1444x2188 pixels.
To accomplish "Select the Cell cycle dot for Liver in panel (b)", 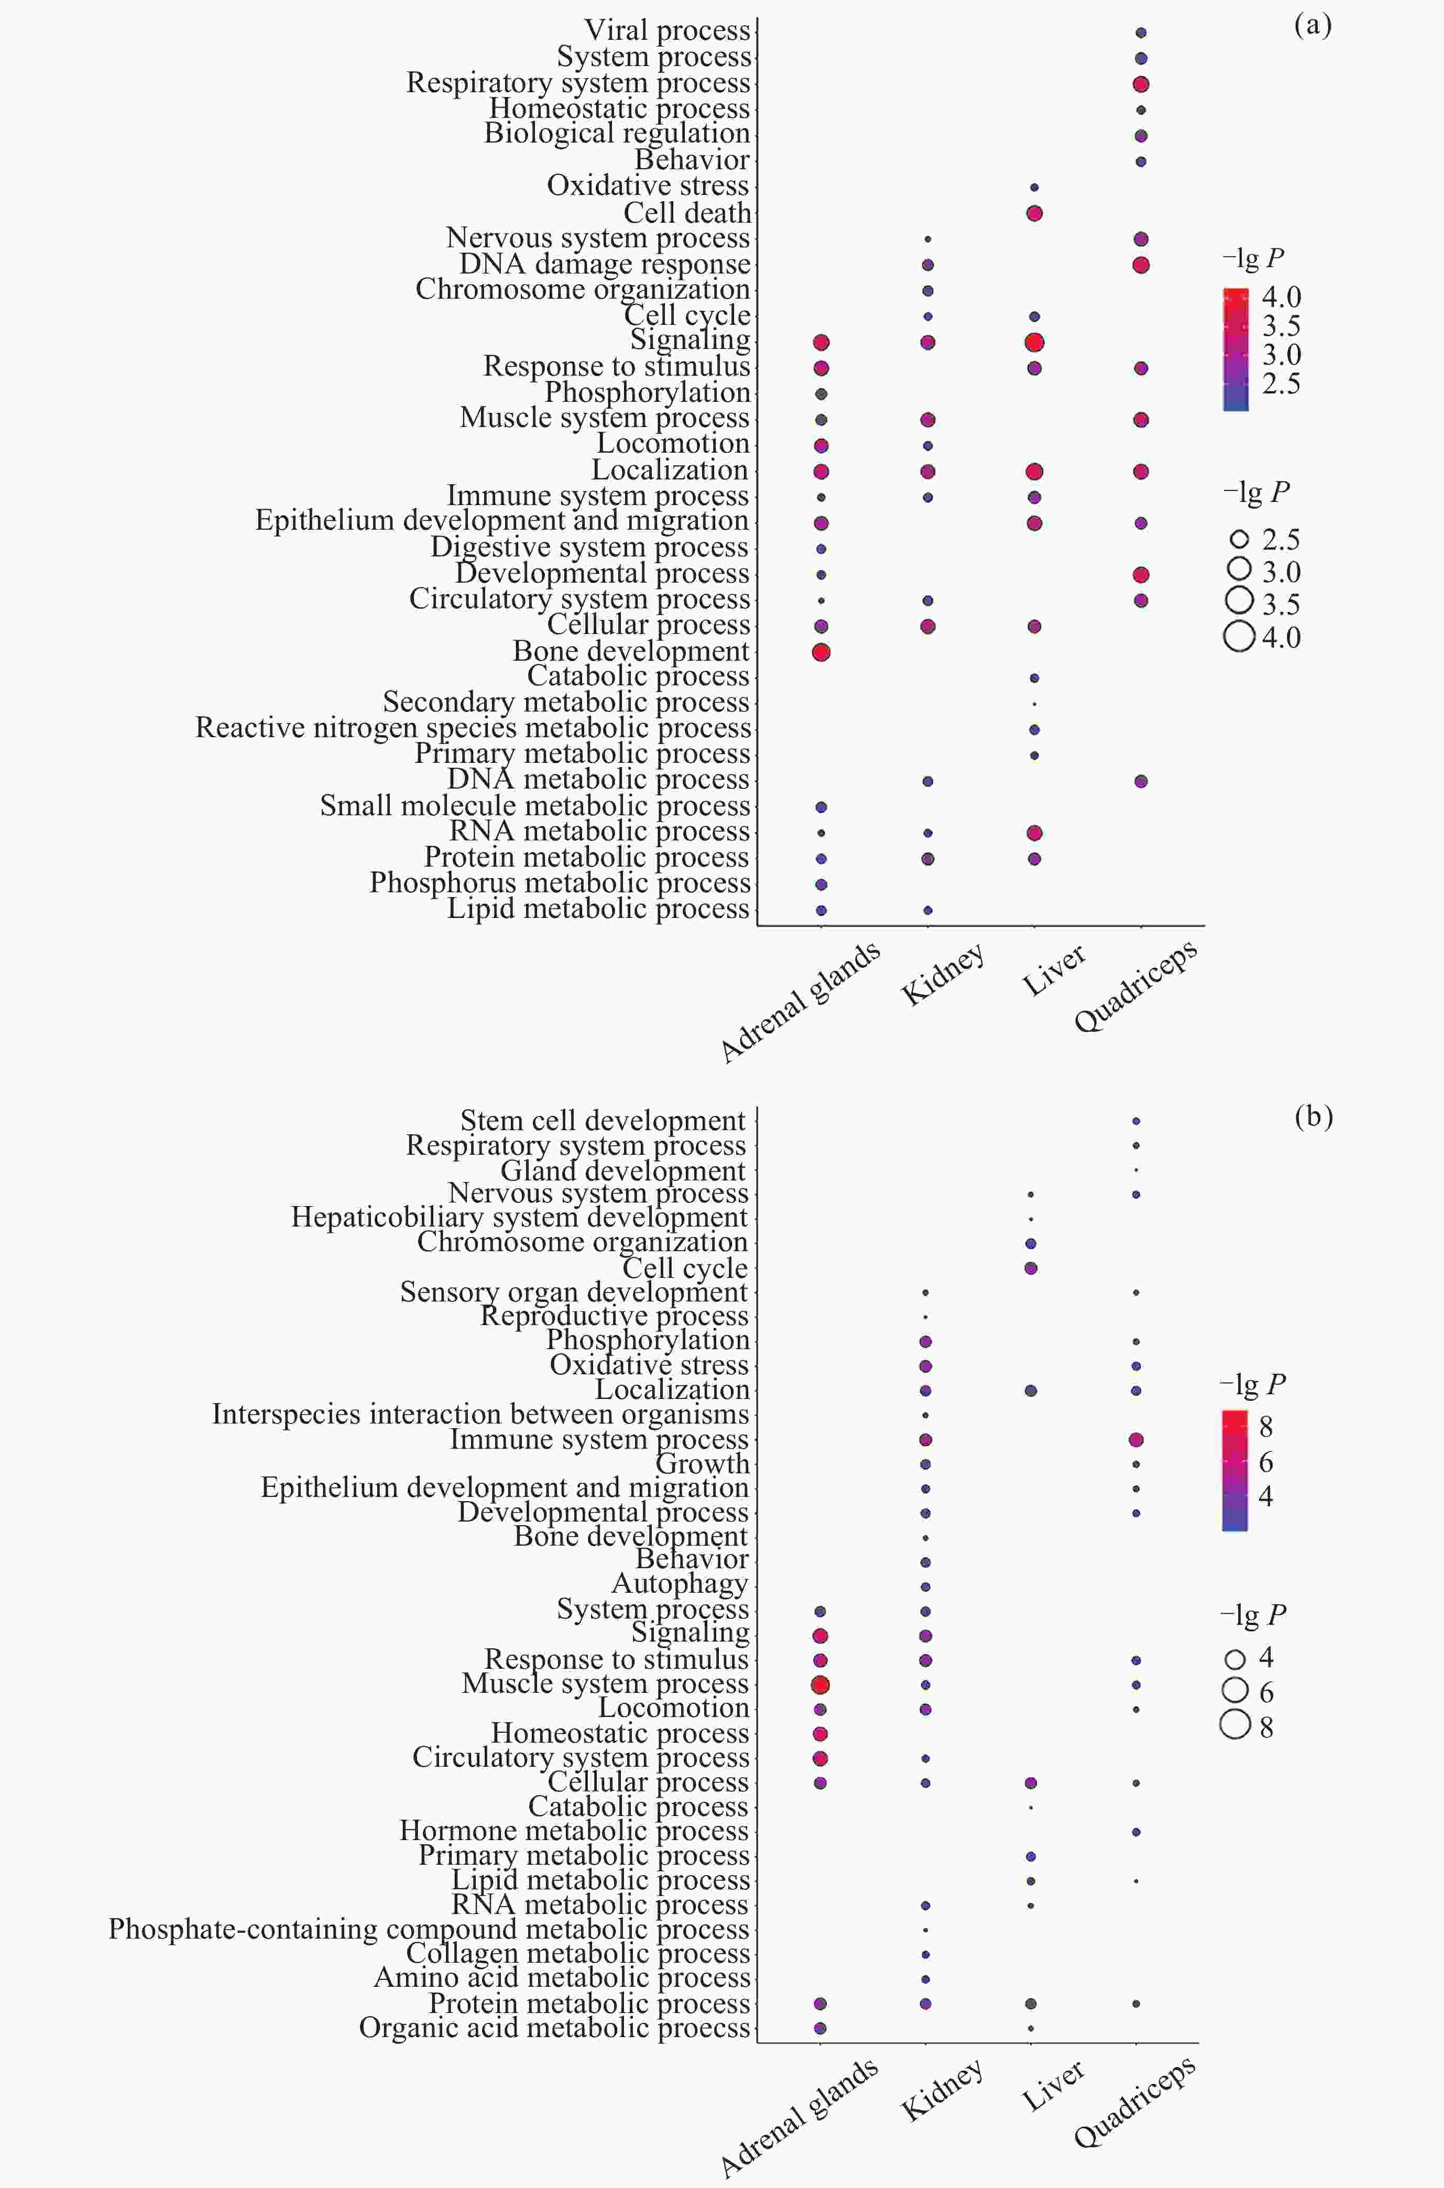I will pyautogui.click(x=1031, y=1268).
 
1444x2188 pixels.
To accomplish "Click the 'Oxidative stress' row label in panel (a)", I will pyautogui.click(x=648, y=185).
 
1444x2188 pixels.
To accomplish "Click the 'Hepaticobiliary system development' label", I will pyautogui.click(x=519, y=1218).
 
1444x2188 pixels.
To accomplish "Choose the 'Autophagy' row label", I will pyautogui.click(x=680, y=1584).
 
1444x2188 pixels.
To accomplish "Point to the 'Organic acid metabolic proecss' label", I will pyautogui.click(x=554, y=2028).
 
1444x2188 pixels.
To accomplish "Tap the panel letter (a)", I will pyautogui.click(x=1312, y=25).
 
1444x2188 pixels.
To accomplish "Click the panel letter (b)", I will pyautogui.click(x=1312, y=1116).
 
